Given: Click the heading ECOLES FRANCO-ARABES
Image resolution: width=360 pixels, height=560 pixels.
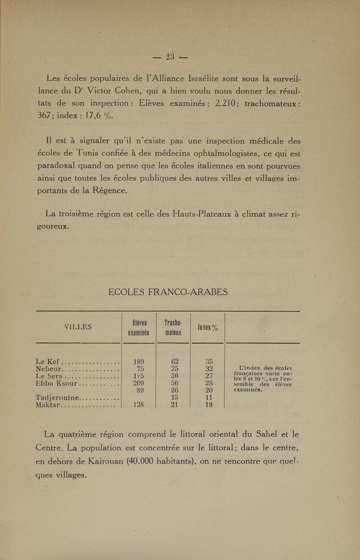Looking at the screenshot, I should (168, 292).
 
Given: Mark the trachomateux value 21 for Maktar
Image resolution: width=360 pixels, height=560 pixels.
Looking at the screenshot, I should (173, 405).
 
